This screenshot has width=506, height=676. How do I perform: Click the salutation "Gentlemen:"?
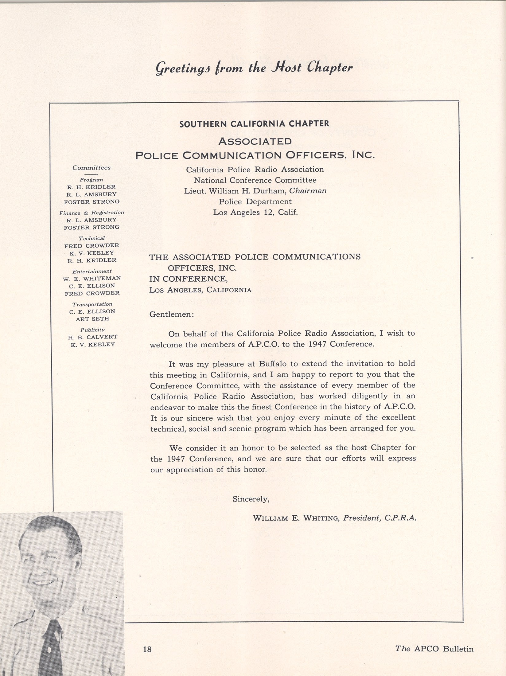coord(171,315)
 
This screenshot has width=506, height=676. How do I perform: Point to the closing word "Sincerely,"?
coord(251,499)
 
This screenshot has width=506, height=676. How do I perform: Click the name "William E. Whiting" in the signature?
coord(296,518)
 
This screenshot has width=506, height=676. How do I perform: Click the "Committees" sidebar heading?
coord(91,168)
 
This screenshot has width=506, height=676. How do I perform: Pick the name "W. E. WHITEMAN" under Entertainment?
coord(92,278)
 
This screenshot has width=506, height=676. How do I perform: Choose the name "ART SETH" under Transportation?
coord(92,319)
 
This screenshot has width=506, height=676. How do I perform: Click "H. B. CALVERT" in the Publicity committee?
coord(92,337)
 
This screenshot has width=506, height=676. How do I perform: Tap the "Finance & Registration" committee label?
coord(91,213)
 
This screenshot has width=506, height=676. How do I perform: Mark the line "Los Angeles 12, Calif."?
coord(255,212)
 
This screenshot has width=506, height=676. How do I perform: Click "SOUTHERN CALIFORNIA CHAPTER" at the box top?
coord(254,124)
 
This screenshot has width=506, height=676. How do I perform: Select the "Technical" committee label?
coord(91,238)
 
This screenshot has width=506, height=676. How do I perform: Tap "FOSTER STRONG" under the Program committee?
coord(91,202)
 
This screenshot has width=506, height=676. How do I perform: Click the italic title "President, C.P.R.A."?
coord(379,518)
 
